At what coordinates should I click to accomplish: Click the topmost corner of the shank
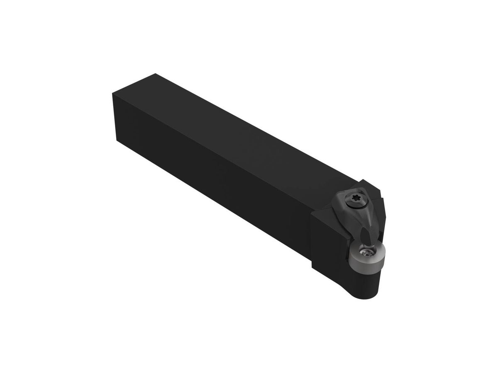point(155,74)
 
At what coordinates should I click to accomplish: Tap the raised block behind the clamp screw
point(376,195)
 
